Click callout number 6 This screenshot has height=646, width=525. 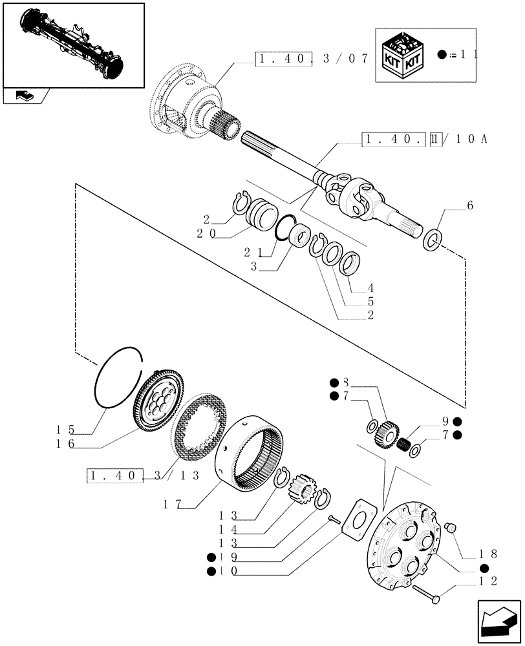point(469,205)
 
